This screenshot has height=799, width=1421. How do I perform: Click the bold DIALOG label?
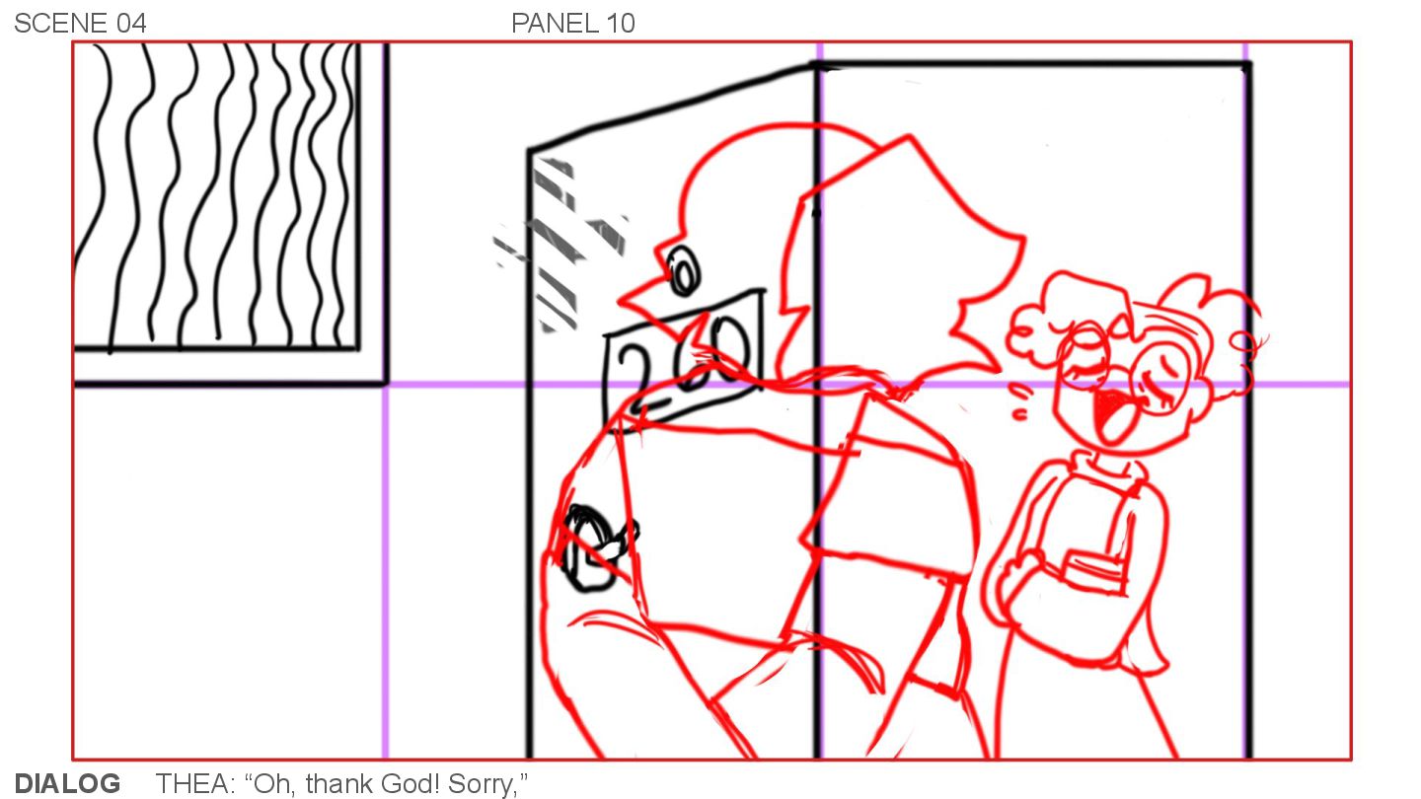tap(67, 783)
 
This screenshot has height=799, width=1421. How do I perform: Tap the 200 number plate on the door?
tap(683, 360)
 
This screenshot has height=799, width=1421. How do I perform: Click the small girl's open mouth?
tap(1112, 415)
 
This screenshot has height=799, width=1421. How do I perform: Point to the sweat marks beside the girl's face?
tap(1019, 400)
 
